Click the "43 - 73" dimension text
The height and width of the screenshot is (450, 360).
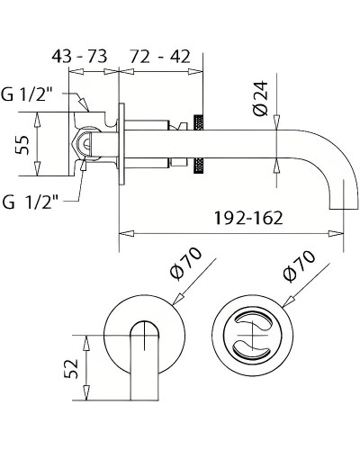point(78,56)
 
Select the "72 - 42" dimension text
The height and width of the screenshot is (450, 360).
point(161,56)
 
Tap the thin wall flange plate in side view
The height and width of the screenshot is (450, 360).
point(119,144)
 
